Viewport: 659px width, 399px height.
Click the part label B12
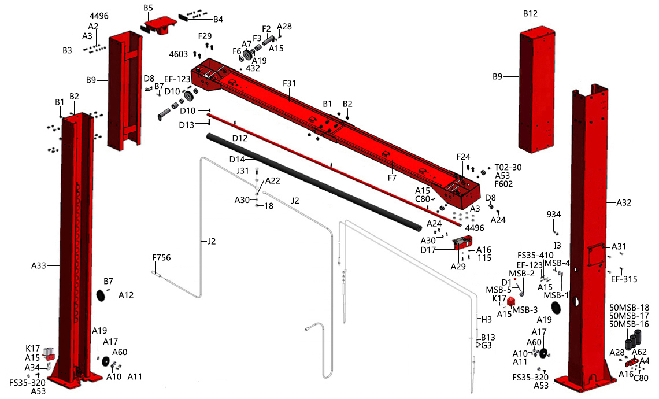(530, 13)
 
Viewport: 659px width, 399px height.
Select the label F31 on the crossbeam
(290, 83)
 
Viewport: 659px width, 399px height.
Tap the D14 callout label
(238, 159)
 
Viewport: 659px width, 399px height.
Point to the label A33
(38, 266)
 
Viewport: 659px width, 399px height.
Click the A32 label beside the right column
(624, 203)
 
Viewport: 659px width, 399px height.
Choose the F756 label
(162, 258)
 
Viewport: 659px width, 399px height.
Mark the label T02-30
(508, 167)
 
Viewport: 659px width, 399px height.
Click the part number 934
(554, 215)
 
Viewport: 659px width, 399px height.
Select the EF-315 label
(624, 279)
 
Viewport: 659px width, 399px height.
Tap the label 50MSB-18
(630, 307)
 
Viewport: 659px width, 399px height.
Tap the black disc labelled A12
(104, 295)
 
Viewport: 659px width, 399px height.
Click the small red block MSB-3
(511, 301)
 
